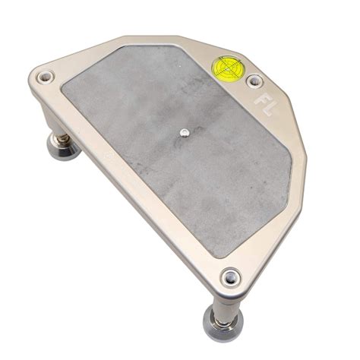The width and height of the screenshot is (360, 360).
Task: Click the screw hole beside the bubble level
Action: click(254, 80)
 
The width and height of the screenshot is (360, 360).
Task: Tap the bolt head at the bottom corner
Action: click(230, 276)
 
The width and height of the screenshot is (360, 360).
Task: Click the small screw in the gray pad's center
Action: click(184, 133)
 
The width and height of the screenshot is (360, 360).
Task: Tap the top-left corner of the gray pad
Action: click(64, 80)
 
